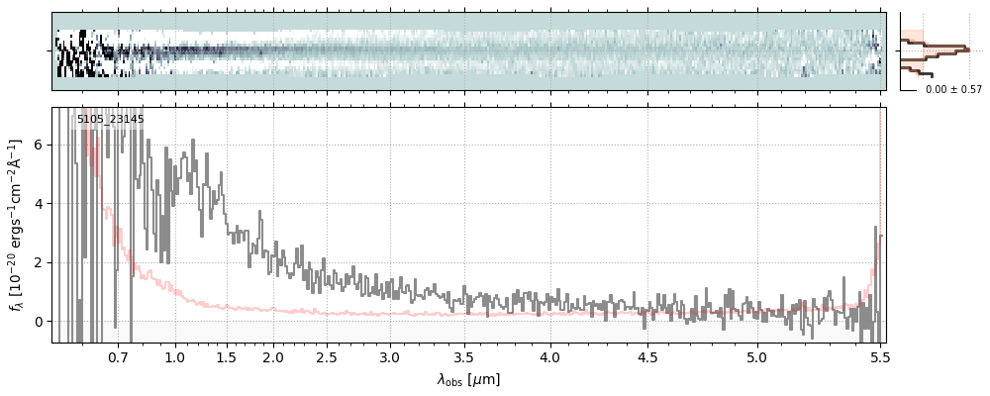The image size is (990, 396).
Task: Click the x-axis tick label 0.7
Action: click(x=118, y=357)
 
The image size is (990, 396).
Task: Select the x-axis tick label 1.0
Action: click(x=174, y=357)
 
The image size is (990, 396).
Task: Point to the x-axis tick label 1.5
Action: click(x=226, y=357)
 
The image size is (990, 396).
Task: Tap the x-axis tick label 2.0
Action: click(x=273, y=357)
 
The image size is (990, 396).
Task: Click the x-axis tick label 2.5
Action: click(x=326, y=357)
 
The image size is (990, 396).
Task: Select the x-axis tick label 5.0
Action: click(x=756, y=357)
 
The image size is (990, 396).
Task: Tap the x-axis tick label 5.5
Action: click(x=876, y=357)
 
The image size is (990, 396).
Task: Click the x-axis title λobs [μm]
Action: click(x=468, y=379)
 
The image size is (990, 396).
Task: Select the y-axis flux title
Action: click(x=17, y=225)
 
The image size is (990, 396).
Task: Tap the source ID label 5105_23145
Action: click(x=110, y=120)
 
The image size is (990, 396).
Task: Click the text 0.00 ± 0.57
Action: click(x=953, y=90)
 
